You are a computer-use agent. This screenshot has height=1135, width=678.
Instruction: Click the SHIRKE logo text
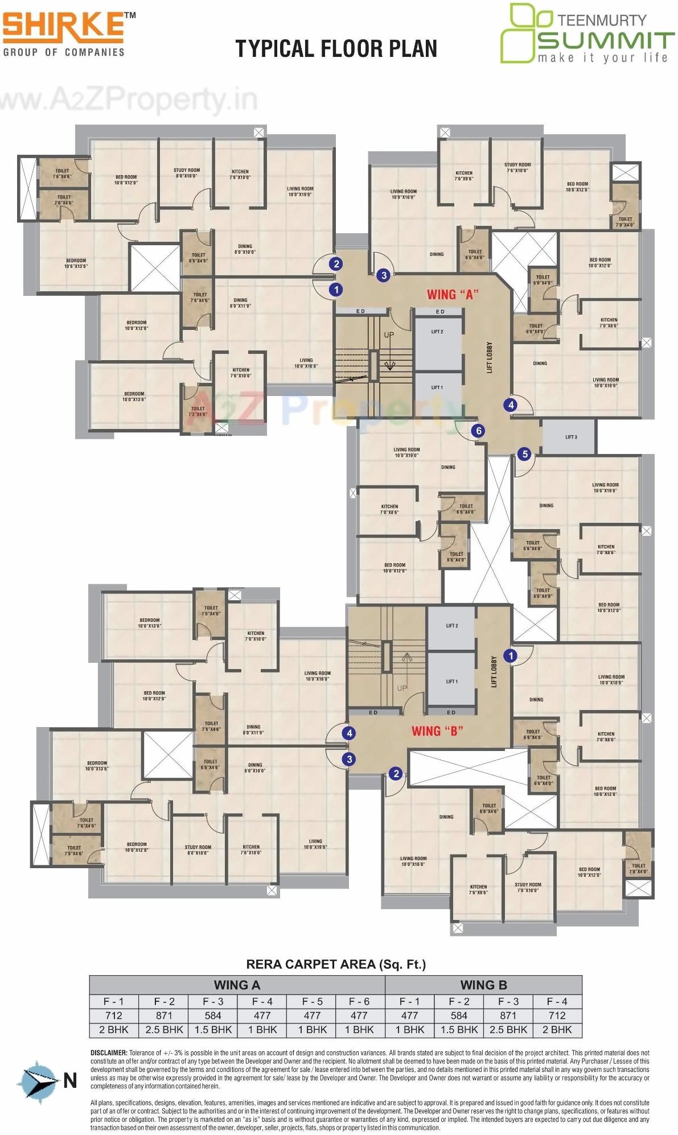(x=63, y=26)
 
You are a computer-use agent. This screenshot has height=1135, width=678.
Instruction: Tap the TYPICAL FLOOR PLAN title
(x=336, y=49)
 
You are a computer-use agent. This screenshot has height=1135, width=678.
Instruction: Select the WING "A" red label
(x=453, y=294)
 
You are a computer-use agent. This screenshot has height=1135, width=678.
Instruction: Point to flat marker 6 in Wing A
(x=478, y=431)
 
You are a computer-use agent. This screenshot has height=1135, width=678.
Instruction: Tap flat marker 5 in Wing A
(x=525, y=454)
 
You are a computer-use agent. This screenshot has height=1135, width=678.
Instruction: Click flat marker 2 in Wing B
(x=396, y=773)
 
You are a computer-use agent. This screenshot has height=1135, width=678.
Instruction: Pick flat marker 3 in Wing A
(x=384, y=275)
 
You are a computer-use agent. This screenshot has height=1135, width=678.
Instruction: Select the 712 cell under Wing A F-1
(x=114, y=1015)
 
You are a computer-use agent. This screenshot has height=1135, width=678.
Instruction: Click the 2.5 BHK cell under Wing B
(x=508, y=1029)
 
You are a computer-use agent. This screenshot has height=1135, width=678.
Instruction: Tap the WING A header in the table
(x=237, y=985)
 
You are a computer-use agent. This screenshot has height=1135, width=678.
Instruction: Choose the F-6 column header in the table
(x=359, y=1001)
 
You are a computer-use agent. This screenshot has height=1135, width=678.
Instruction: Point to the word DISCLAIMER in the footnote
(x=109, y=1053)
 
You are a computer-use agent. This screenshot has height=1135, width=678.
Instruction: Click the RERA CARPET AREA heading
(x=336, y=964)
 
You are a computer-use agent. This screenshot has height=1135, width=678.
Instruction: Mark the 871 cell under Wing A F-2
(x=164, y=1015)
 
